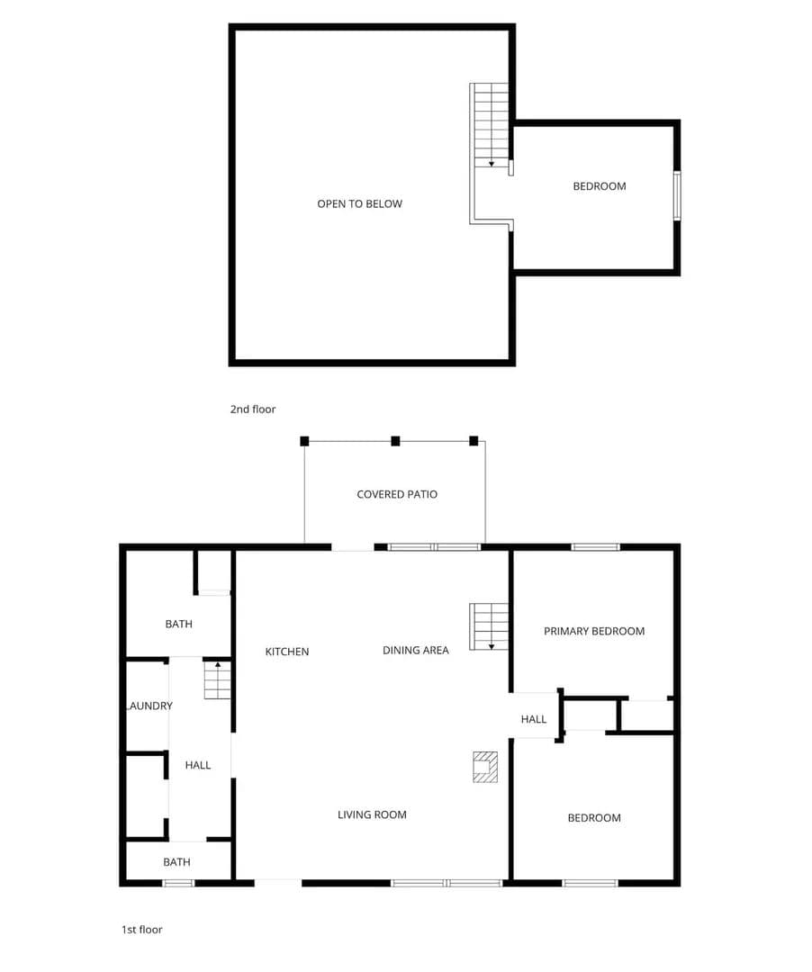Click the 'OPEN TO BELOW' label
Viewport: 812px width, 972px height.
pos(359,204)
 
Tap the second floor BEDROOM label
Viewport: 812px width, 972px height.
pos(600,186)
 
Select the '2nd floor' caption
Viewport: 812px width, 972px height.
pos(253,409)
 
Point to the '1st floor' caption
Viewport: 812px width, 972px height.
pos(142,929)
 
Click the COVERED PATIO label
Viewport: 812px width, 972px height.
pos(397,494)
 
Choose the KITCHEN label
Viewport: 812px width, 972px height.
pos(287,652)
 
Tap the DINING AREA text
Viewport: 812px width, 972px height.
pos(416,651)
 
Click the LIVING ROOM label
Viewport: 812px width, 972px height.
pos(372,814)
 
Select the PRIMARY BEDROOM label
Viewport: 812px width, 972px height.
pos(594,631)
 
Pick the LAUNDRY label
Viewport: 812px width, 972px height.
pos(149,706)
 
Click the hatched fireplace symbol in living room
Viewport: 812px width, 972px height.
pos(485,767)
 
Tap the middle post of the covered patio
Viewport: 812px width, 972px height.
pos(395,441)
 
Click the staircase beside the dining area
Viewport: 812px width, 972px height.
pos(489,626)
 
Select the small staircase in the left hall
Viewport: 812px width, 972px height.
pos(218,680)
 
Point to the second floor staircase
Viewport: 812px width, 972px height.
pos(490,125)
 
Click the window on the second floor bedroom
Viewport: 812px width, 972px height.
pos(678,196)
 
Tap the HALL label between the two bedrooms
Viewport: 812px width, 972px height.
pos(534,719)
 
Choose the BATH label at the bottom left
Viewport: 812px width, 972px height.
pos(176,861)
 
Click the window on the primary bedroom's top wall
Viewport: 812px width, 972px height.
pos(595,547)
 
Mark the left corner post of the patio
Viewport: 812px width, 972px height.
pos(304,441)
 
